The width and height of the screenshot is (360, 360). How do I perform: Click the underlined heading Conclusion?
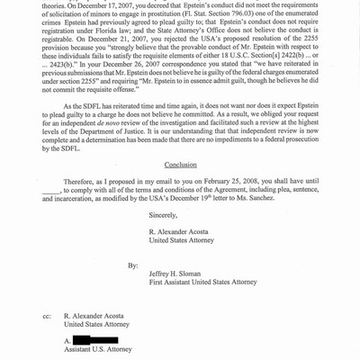tap(180, 165)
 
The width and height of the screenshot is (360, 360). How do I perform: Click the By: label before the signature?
tap(132, 266)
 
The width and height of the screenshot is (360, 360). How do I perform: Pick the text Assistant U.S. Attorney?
tap(101, 351)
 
